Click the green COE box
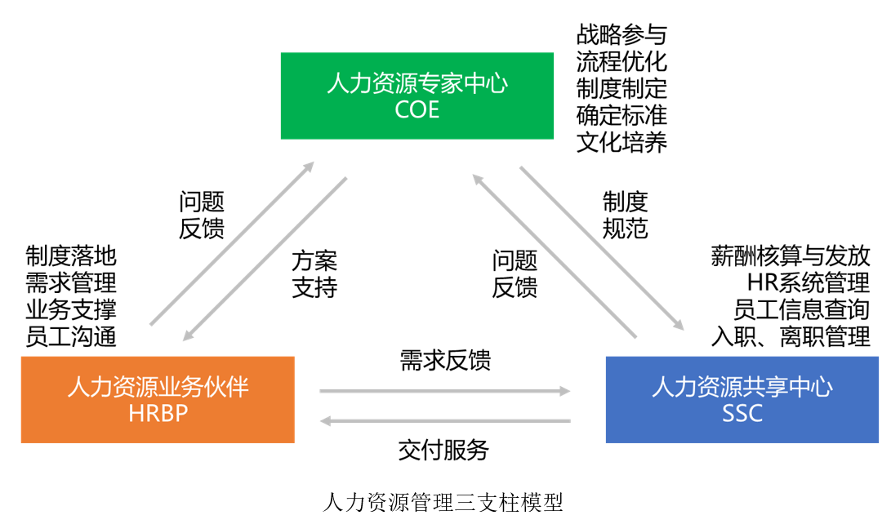click(417, 95)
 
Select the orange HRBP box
click(158, 399)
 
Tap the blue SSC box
click(742, 399)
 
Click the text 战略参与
click(621, 34)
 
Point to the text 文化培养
click(621, 142)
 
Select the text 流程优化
click(621, 61)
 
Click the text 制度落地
click(71, 256)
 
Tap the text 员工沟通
click(71, 336)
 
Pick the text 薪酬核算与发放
click(791, 256)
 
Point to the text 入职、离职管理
click(791, 336)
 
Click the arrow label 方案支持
click(314, 274)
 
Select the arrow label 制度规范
click(626, 215)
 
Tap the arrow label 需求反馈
click(445, 361)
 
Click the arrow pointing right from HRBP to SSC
click(445, 392)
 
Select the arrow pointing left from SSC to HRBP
click(445, 421)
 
